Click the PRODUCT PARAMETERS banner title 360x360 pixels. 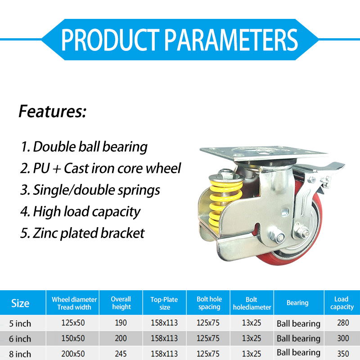tap(179, 40)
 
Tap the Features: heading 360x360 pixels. tap(52, 111)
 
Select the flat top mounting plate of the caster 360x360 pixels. tap(263, 153)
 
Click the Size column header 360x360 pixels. tap(20, 303)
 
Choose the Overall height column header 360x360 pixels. tap(121, 303)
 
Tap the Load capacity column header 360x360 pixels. tap(342, 303)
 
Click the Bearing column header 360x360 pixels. tap(297, 303)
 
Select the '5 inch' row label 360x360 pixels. tap(20, 324)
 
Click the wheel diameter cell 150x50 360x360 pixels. tap(73, 338)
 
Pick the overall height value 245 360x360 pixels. tap(121, 354)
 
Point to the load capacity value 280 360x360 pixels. tap(343, 323)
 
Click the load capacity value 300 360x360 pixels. tap(343, 338)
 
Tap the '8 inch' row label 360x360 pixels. tap(20, 354)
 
